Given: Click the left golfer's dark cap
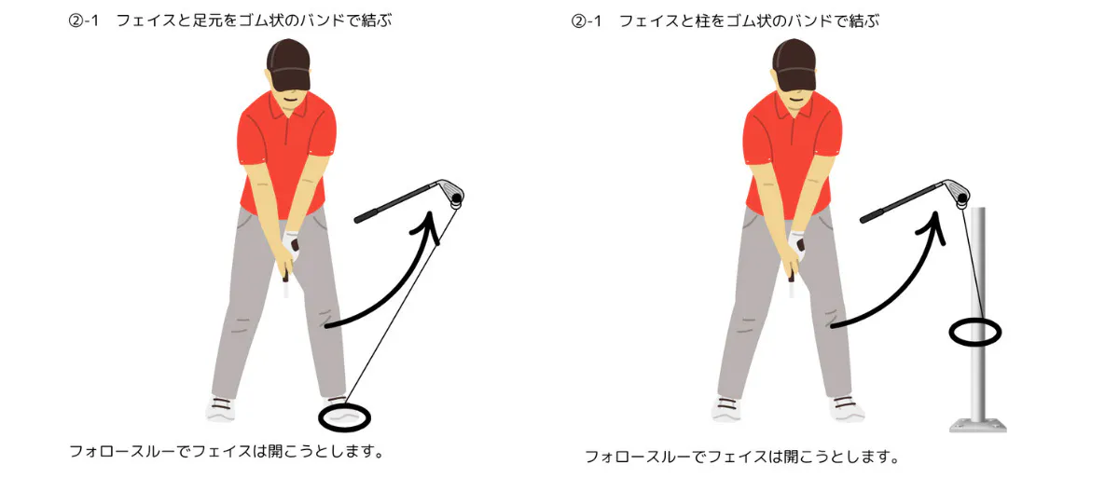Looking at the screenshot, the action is [x=288, y=65].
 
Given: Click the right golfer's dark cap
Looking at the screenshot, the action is [x=794, y=65].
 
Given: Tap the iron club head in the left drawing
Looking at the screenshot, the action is [x=451, y=193].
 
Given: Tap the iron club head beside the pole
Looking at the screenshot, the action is [x=957, y=193].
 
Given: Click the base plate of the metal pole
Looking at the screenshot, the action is [x=978, y=427].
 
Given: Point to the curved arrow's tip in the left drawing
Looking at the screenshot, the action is [x=429, y=212].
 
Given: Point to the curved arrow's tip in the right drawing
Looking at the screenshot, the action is [x=935, y=212].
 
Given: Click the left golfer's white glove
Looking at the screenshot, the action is [x=291, y=245].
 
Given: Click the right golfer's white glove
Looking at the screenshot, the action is [x=797, y=245].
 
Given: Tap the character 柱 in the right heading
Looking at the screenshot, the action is [x=703, y=20].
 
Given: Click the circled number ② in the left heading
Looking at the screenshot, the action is [x=76, y=20].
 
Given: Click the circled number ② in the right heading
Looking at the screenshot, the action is [x=578, y=20].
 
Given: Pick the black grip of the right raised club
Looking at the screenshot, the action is [x=872, y=216].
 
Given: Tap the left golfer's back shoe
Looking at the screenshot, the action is [x=221, y=409].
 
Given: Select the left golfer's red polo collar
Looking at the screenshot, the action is [x=287, y=107].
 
